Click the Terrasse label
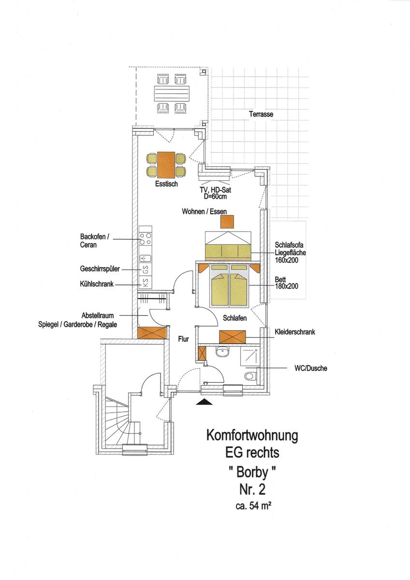click(x=261, y=114)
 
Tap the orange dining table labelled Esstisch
click(x=166, y=165)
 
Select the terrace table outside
click(x=172, y=93)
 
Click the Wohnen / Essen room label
click(x=205, y=212)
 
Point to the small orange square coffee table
click(x=227, y=222)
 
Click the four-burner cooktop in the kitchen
click(x=145, y=239)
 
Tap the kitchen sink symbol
click(x=146, y=258)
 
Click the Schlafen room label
click(x=234, y=318)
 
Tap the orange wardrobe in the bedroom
click(x=233, y=337)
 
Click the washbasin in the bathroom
click(x=222, y=352)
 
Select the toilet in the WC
click(x=251, y=376)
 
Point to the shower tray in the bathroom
click(x=249, y=356)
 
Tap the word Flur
click(x=184, y=339)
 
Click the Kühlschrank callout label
click(x=97, y=284)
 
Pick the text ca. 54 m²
click(x=252, y=506)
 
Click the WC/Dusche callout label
click(x=311, y=368)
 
